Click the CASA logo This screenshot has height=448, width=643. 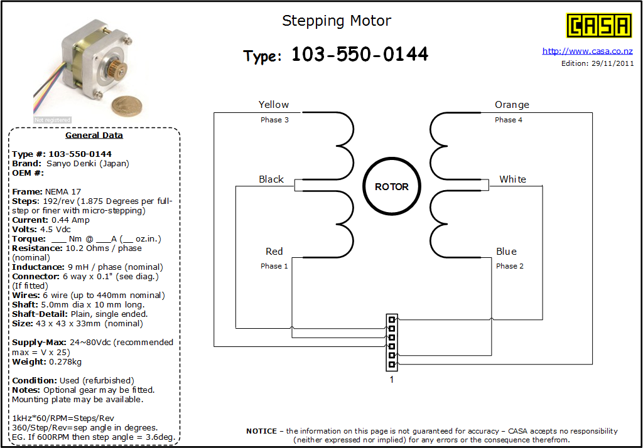click(x=598, y=26)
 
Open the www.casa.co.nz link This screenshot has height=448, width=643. click(x=587, y=51)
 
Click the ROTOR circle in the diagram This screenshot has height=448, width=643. click(x=392, y=186)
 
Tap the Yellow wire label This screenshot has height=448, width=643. click(x=274, y=105)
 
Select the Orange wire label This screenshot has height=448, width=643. click(x=512, y=105)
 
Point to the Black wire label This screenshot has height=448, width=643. click(x=271, y=179)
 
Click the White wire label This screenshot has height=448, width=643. click(x=512, y=179)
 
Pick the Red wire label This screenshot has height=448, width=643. click(x=274, y=251)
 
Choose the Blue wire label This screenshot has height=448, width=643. click(x=507, y=251)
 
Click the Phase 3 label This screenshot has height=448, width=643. click(x=274, y=120)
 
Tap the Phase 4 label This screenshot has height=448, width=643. click(x=509, y=120)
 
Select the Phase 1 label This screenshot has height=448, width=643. click(x=274, y=266)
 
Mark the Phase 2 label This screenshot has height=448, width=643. click(x=510, y=266)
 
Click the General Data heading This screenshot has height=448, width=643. click(x=94, y=136)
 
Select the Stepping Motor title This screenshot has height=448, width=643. click(x=337, y=21)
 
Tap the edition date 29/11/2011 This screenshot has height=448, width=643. click(x=613, y=63)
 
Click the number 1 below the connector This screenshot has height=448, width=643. click(x=392, y=380)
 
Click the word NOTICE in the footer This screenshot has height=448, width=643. click(x=262, y=431)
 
